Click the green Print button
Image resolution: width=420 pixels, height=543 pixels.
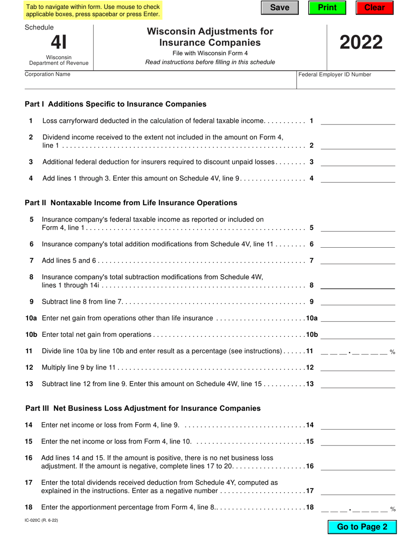pyautogui.click(x=327, y=8)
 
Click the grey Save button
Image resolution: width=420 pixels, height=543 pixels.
pyautogui.click(x=279, y=8)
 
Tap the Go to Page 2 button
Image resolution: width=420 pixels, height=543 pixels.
pyautogui.click(x=362, y=527)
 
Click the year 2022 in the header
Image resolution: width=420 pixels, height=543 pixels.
pyautogui.click(x=361, y=43)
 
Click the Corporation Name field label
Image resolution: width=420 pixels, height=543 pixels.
pyautogui.click(x=47, y=74)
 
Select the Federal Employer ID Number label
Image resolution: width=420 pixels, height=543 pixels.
pyautogui.click(x=335, y=75)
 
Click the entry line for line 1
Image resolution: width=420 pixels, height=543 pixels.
pyautogui.click(x=358, y=121)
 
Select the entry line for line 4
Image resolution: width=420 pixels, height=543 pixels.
pyautogui.click(x=358, y=179)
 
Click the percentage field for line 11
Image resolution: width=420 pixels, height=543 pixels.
pyautogui.click(x=354, y=351)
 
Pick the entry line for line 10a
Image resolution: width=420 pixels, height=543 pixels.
pyautogui.click(x=358, y=319)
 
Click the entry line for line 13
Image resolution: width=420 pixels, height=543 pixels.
pyautogui.click(x=358, y=384)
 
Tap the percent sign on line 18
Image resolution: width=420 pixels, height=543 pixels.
pyautogui.click(x=393, y=509)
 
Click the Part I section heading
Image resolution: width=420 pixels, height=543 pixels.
pyautogui.click(x=115, y=104)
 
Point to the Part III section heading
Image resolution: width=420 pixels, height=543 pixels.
pyautogui.click(x=143, y=408)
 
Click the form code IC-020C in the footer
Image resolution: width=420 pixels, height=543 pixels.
pyautogui.click(x=41, y=520)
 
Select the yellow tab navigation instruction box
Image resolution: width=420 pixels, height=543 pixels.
pyautogui.click(x=93, y=11)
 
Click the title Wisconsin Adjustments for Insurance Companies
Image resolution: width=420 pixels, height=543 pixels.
pyautogui.click(x=210, y=37)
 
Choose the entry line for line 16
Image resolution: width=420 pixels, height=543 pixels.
pyautogui.click(x=358, y=466)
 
